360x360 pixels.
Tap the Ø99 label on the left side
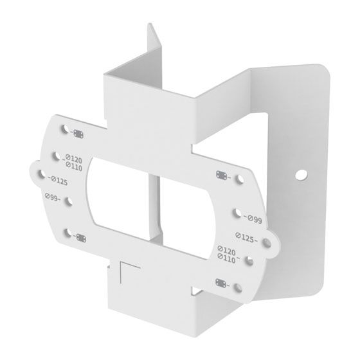coord(52,197)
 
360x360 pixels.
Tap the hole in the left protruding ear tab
coord(40,174)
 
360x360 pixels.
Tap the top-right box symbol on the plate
coord(222,175)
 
